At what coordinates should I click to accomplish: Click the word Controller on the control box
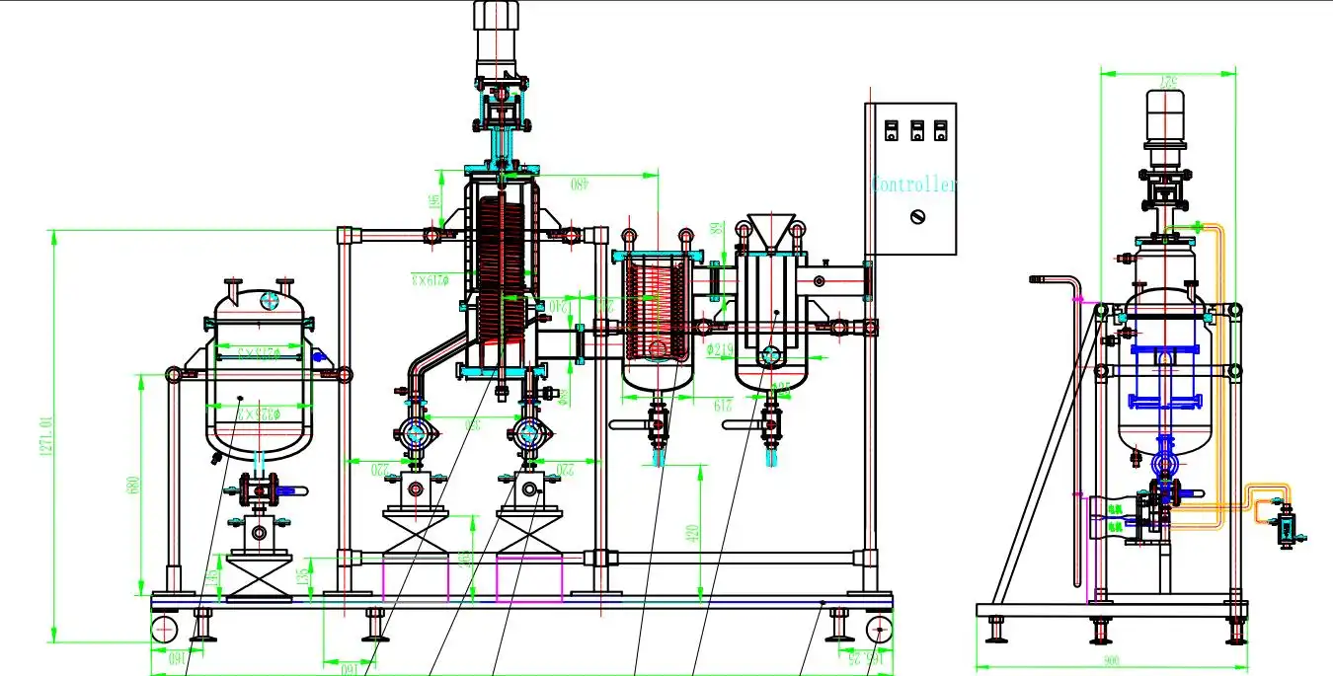[914, 186]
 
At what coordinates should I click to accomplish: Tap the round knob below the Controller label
[917, 216]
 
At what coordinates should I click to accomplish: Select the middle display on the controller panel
[915, 130]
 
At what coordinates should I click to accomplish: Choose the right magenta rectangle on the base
[529, 578]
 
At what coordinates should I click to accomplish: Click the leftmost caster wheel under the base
[164, 629]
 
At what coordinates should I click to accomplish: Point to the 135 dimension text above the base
[301, 576]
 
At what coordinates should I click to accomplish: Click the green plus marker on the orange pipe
[1198, 228]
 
